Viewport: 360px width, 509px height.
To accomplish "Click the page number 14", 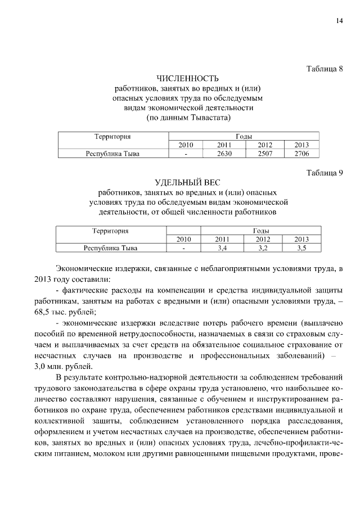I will point(339,21).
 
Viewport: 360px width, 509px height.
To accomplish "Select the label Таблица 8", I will point(324,69).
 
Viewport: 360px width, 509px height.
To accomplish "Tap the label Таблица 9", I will point(324,173).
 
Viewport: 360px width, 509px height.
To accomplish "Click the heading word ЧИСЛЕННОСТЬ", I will point(188,78).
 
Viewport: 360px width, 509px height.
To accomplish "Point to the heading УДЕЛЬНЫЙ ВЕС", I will point(188,182).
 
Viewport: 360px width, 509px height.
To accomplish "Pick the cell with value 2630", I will point(224,153).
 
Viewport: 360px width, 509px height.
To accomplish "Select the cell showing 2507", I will point(265,153).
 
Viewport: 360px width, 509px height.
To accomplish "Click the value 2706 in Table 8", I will point(301,153).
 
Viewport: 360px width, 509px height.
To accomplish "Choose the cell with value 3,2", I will point(263,247).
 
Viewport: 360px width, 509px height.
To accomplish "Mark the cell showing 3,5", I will point(302,247).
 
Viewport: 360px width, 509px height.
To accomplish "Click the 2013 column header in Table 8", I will point(301,145).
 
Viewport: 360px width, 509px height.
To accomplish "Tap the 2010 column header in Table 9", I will point(183,239).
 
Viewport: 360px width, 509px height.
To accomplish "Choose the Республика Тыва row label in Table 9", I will point(110,247).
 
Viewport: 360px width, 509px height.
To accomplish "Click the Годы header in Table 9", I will point(260,231).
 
